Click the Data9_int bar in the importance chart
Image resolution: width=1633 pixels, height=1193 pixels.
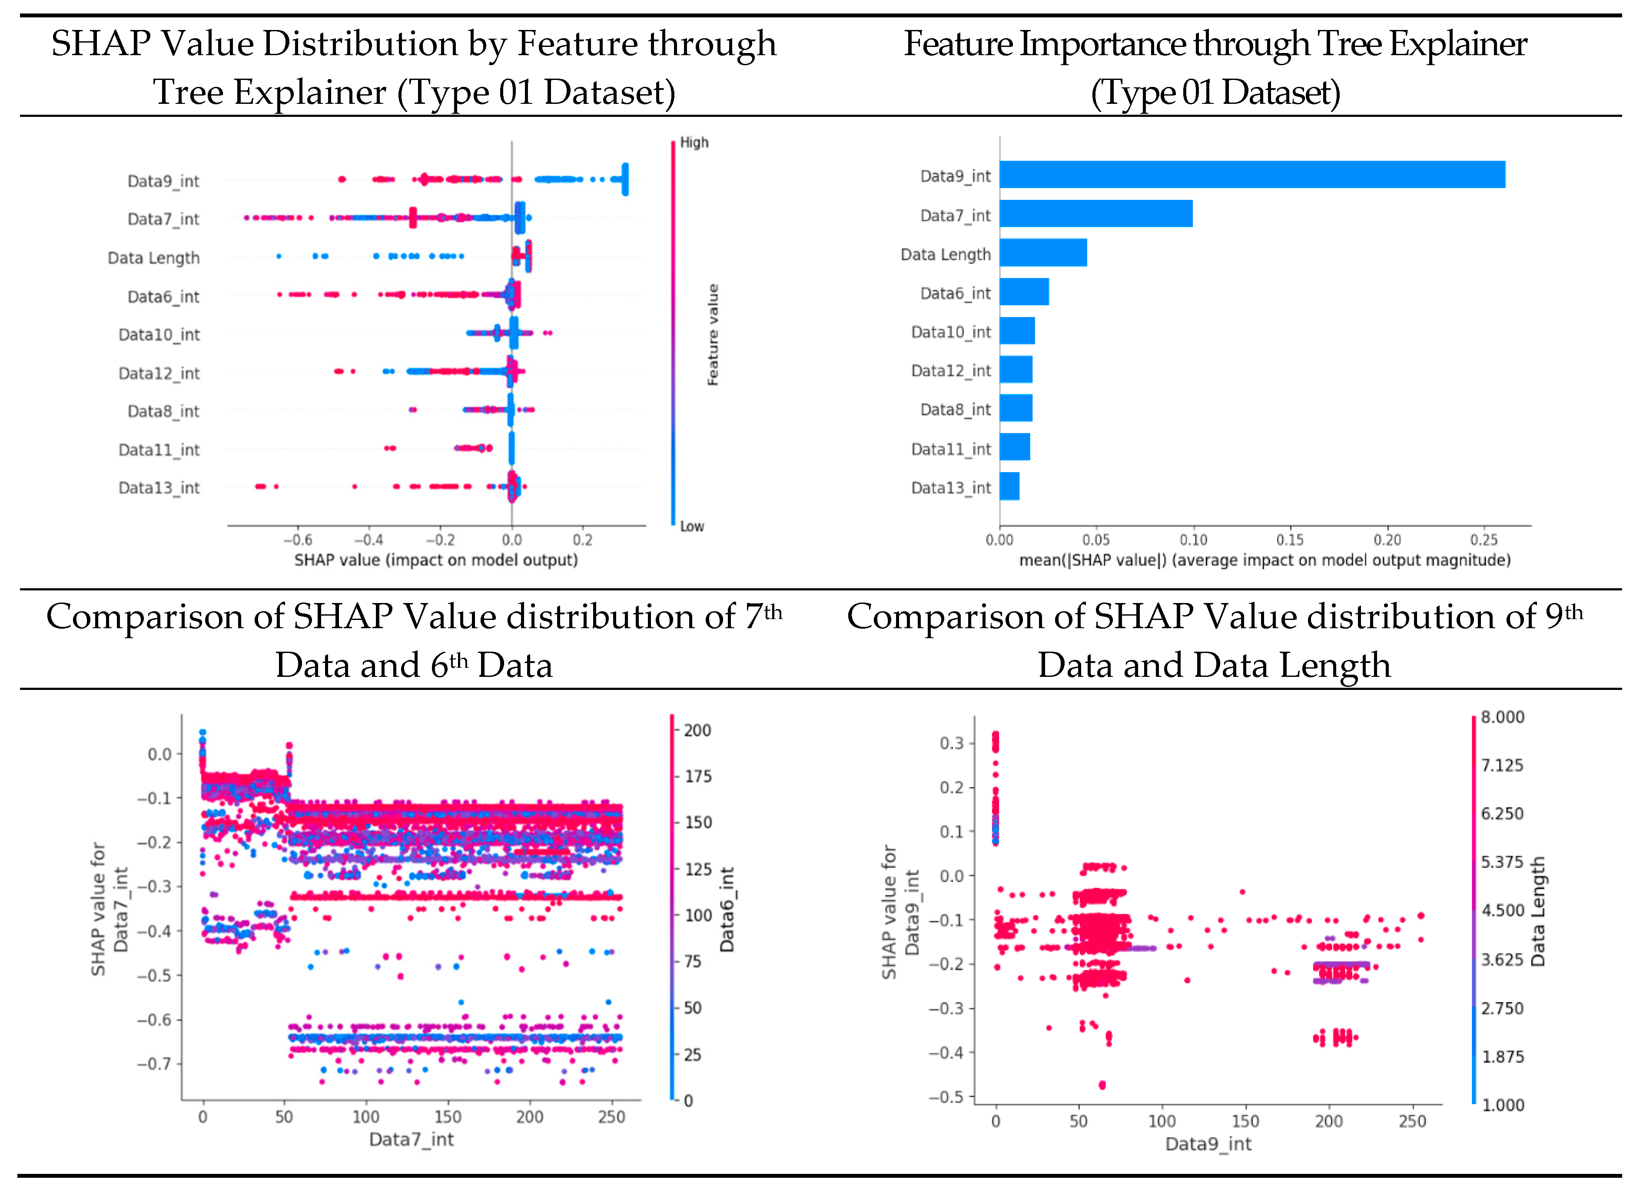point(1251,175)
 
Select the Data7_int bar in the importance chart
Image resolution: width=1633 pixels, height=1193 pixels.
point(1095,214)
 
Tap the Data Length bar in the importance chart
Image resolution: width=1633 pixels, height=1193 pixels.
point(1043,253)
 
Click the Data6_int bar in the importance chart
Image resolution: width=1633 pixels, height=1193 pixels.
point(1024,292)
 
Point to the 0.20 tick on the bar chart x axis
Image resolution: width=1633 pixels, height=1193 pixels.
point(1387,540)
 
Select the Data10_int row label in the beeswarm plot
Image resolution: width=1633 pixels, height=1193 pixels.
point(159,335)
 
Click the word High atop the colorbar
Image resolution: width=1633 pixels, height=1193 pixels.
point(694,142)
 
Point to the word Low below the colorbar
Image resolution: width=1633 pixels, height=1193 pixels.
point(692,527)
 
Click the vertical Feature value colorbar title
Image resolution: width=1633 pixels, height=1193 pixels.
point(713,335)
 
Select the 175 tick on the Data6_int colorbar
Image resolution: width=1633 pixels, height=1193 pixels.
point(698,776)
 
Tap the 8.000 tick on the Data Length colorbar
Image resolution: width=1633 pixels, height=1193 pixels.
point(1502,717)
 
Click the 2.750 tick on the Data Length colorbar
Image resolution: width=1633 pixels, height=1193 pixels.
point(1502,1008)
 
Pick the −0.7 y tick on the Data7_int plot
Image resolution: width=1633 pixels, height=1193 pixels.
point(155,1064)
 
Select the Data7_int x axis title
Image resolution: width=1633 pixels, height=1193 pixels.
point(411,1140)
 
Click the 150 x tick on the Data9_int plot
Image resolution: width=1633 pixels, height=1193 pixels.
point(1245,1121)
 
